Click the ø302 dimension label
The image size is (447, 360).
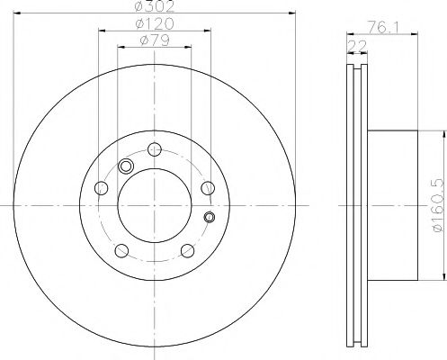[x=154, y=6]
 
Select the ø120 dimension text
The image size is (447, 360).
[x=154, y=23]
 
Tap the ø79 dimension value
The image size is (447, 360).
[x=154, y=40]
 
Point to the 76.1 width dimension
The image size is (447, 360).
[x=383, y=28]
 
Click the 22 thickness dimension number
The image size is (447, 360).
[x=357, y=46]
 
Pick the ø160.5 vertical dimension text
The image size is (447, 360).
[x=438, y=205]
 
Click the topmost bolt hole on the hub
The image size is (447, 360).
[x=155, y=149]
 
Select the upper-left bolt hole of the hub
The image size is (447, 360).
[x=101, y=188]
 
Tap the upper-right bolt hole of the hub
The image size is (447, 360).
[x=208, y=188]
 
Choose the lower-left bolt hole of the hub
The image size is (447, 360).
[x=121, y=251]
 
